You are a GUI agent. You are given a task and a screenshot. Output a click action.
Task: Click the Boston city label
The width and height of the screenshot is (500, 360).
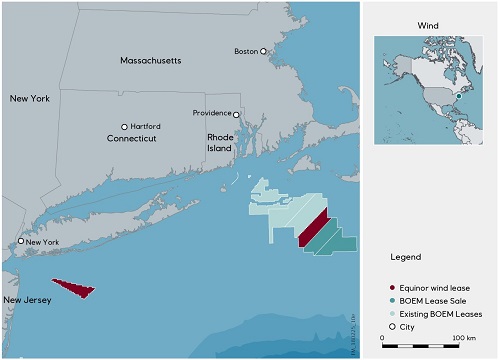tap(245, 51)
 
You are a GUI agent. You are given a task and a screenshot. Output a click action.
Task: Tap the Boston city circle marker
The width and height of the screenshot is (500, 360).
tap(264, 51)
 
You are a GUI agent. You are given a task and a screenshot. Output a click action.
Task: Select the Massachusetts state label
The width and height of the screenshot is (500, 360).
tap(151, 61)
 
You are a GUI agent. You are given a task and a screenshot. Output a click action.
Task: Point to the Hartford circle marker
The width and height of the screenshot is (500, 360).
tap(125, 127)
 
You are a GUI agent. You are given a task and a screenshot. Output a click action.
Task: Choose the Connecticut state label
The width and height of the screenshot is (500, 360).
tap(133, 139)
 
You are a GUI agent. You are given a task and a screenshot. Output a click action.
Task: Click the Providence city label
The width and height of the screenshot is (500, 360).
tap(212, 114)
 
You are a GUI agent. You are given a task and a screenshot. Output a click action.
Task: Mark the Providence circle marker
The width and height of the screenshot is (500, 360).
tap(236, 114)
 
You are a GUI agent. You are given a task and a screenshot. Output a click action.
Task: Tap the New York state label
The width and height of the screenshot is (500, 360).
tap(30, 99)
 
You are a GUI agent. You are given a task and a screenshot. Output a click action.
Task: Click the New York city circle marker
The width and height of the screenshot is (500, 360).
tap(21, 241)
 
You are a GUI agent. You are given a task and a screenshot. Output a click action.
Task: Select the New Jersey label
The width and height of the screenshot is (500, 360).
tap(25, 300)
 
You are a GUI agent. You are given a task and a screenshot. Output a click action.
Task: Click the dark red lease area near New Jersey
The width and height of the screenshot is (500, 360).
tap(75, 288)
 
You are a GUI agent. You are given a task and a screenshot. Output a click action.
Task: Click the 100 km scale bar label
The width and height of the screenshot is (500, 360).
tap(462, 338)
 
